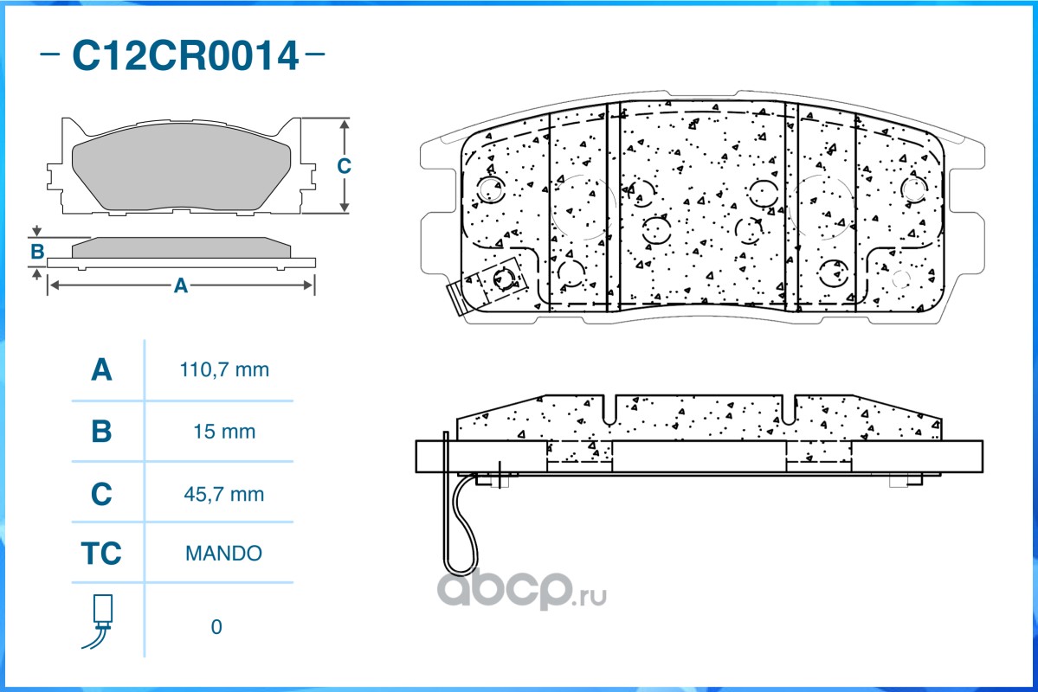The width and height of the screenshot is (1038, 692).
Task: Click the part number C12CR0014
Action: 185,55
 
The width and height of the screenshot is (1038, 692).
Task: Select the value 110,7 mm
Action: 224,369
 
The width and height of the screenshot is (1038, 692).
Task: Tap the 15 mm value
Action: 224,432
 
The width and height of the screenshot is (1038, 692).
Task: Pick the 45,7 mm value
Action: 223,494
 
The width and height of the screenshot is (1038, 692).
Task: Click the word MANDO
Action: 223,553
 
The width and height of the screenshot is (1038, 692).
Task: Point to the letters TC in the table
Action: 101,553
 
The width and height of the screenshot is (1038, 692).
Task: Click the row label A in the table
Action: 101,369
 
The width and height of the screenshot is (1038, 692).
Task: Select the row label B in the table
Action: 101,432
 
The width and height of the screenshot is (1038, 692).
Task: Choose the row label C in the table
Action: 101,494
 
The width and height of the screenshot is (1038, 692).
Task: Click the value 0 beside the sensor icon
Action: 216,626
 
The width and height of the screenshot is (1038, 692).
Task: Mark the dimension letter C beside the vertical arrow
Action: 344,165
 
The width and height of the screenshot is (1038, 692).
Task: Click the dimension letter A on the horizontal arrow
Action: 180,285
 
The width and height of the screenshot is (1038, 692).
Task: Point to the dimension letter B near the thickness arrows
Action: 37,252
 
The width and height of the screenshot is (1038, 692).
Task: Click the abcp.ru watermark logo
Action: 522,589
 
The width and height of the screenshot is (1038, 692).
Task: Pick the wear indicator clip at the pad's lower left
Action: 490,285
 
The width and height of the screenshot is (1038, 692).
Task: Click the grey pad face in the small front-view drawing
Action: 181,165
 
